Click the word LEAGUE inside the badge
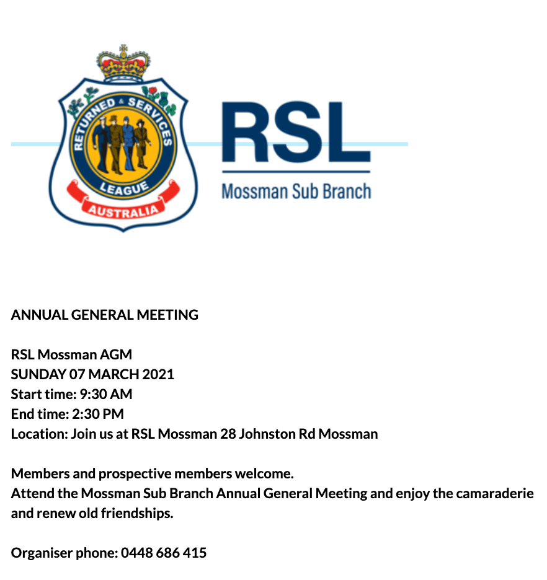coord(123,188)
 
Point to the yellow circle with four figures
coord(123,144)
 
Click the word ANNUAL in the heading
coord(39,315)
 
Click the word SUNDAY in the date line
coord(38,374)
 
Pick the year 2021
coord(158,374)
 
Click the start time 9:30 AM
coord(106,394)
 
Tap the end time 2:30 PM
coord(102,414)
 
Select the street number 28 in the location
coord(228,434)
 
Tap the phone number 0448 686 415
coord(164,553)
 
